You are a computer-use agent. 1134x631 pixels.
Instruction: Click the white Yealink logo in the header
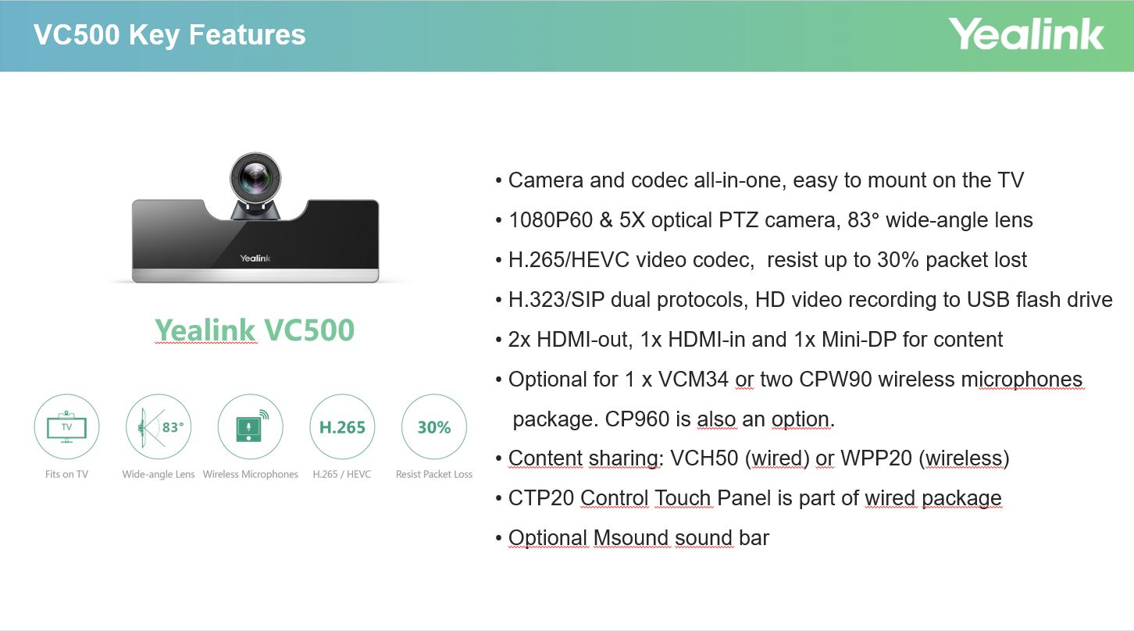tap(1025, 34)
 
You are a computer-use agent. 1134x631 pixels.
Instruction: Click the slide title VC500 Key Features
tap(169, 35)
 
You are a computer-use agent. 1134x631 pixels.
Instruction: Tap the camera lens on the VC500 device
tap(255, 178)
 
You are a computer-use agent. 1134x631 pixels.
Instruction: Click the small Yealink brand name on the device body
tap(255, 258)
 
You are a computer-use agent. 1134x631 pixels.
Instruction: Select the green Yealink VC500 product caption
tap(254, 330)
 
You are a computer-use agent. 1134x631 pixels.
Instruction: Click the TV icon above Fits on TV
tap(66, 427)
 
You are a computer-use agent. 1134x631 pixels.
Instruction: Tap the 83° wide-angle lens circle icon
tap(159, 427)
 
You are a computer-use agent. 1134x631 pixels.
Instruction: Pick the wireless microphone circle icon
tap(250, 427)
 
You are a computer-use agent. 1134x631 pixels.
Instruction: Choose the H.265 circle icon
tap(342, 427)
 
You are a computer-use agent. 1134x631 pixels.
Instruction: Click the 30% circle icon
tap(434, 427)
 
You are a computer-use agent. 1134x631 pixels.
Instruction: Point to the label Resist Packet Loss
tap(434, 474)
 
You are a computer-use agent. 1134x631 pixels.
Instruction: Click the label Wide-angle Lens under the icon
tap(159, 474)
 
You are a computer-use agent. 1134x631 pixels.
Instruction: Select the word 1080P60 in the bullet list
tap(551, 220)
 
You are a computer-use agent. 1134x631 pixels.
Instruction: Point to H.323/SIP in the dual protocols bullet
tap(556, 300)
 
